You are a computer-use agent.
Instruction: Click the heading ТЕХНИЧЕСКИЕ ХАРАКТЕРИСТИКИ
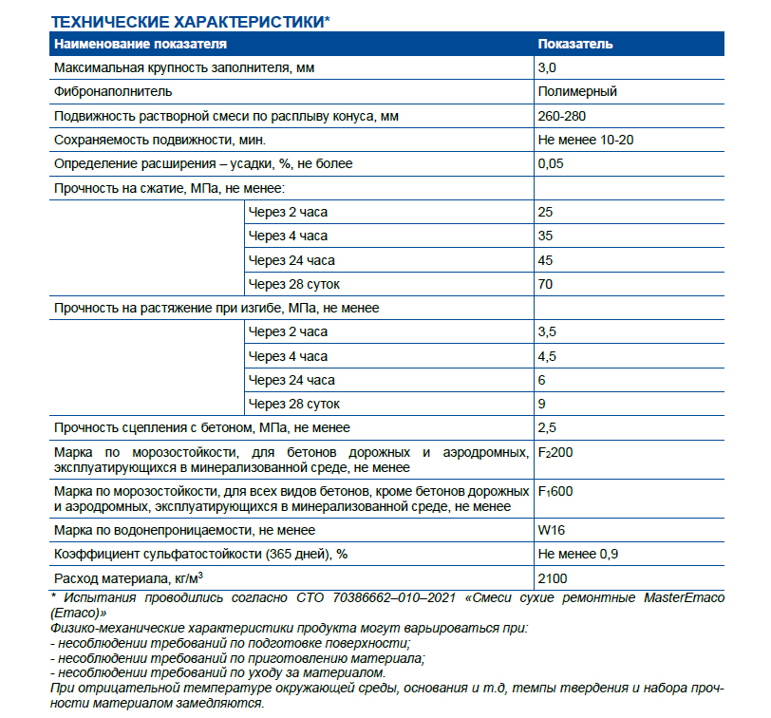(x=189, y=21)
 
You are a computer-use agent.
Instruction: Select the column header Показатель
(x=575, y=44)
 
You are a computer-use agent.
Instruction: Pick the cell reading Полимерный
(x=577, y=92)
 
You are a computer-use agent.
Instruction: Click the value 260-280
(x=562, y=116)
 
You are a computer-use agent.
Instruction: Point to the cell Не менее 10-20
(x=586, y=140)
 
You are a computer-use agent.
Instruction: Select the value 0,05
(x=551, y=163)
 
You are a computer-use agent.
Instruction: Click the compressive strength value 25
(x=545, y=212)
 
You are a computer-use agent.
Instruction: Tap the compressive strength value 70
(x=545, y=284)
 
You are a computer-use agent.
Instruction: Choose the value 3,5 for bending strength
(x=547, y=332)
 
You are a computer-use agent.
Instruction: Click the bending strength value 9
(x=541, y=405)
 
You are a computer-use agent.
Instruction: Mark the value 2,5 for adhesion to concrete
(x=547, y=428)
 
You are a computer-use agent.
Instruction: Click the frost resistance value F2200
(x=555, y=452)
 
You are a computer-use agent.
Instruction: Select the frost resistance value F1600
(x=555, y=492)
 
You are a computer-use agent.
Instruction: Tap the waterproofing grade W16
(x=552, y=530)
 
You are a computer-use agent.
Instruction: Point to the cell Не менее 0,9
(x=579, y=554)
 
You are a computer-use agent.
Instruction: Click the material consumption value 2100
(x=554, y=578)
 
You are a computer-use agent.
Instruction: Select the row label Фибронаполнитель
(x=113, y=92)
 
